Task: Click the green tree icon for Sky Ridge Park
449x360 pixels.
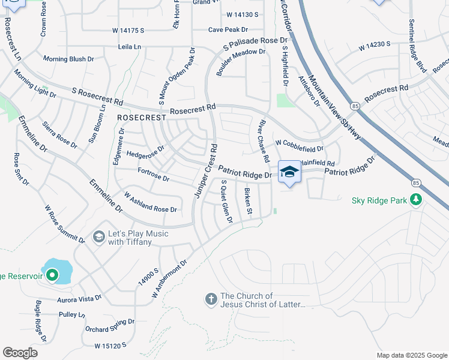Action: (415, 200)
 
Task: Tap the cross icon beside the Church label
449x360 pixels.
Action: (211, 298)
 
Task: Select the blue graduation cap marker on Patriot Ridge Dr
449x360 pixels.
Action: (289, 172)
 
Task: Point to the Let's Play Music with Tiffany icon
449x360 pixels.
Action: (98, 237)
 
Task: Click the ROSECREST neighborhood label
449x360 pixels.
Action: (141, 118)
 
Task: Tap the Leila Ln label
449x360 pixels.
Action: (130, 46)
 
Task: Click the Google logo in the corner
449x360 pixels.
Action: (20, 353)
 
